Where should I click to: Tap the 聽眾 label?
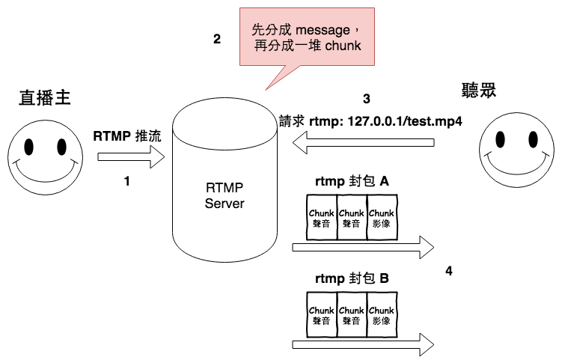[480, 91]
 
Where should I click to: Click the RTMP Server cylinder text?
[225, 195]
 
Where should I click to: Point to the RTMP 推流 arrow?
[131, 157]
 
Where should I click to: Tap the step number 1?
[127, 180]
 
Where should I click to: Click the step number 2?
[217, 40]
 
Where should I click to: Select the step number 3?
[366, 99]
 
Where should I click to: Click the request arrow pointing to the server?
[363, 142]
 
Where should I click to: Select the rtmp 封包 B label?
[351, 278]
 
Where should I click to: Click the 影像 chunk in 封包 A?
[381, 217]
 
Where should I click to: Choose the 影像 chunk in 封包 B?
[381, 315]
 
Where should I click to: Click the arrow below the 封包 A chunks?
[363, 246]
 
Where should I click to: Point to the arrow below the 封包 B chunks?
[363, 344]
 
